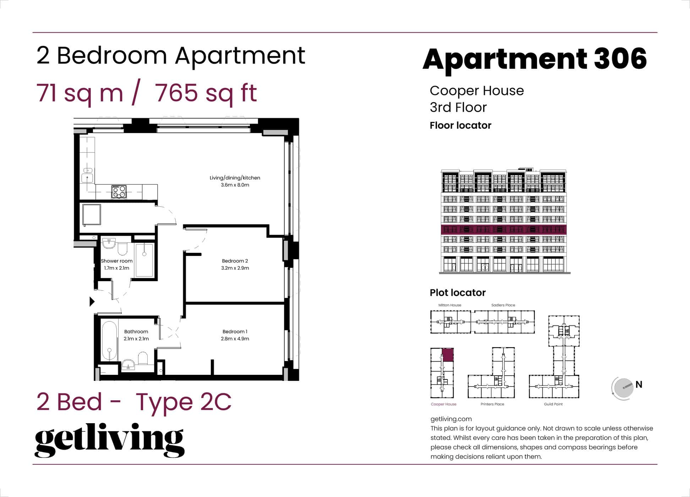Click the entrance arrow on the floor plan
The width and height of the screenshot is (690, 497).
click(92, 301)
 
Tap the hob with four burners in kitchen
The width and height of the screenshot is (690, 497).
click(119, 192)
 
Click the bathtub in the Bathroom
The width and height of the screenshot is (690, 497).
click(110, 341)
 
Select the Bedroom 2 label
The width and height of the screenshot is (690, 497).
click(235, 261)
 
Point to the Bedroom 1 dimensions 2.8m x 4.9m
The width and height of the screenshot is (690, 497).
click(235, 339)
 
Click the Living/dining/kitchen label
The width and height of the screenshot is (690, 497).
click(235, 178)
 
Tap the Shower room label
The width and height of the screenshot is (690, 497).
click(116, 261)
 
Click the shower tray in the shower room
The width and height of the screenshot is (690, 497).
click(144, 260)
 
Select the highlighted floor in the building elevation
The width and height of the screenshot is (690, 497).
click(503, 229)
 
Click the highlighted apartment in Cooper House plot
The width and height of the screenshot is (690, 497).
click(448, 355)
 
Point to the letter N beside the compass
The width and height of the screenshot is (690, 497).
click(639, 384)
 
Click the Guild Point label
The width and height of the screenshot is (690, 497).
click(553, 404)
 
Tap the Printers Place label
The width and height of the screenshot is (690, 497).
click(492, 404)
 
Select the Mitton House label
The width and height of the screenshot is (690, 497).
click(449, 305)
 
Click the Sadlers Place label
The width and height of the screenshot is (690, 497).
click(503, 305)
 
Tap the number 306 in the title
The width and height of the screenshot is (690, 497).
click(620, 59)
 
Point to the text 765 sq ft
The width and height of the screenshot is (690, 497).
click(206, 93)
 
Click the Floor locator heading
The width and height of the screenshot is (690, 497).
click(460, 125)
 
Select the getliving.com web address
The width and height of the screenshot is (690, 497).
click(451, 419)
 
